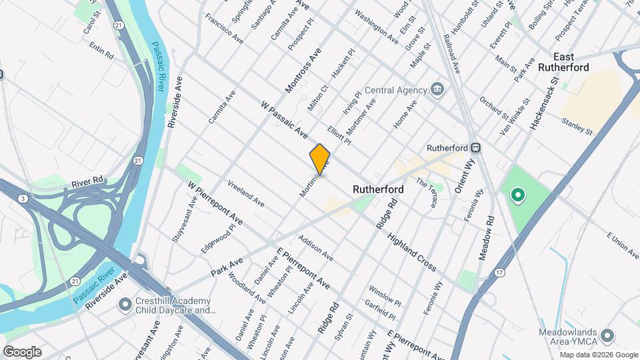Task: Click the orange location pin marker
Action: coord(320,159)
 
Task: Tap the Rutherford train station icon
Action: coord(475,148)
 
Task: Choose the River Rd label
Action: coord(88,181)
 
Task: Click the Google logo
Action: coord(22,351)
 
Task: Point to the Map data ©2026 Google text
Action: coord(598,354)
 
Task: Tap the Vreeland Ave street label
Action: coord(245,193)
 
